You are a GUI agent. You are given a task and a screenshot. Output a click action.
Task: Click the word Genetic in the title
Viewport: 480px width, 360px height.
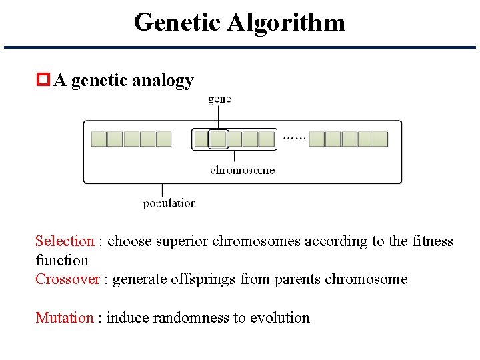tap(177, 23)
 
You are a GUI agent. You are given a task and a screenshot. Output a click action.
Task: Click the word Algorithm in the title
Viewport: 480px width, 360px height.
tap(286, 23)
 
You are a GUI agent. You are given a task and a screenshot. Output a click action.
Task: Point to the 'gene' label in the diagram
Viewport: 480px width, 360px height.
tap(220, 99)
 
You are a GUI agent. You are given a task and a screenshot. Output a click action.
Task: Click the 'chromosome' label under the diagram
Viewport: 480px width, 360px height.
tap(242, 170)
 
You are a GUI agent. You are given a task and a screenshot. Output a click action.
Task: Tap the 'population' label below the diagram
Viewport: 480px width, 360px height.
tap(169, 203)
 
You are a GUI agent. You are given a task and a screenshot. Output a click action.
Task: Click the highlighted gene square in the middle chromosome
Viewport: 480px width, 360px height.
tap(218, 139)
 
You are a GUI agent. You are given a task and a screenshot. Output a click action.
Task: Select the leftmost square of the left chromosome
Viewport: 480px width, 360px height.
tap(99, 139)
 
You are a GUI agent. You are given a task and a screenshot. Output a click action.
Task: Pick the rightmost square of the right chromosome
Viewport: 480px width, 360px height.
tap(380, 139)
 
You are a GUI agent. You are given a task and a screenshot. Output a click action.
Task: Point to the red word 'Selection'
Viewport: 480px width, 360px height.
tap(65, 241)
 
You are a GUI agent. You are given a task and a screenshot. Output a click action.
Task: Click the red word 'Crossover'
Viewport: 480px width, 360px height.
tap(67, 279)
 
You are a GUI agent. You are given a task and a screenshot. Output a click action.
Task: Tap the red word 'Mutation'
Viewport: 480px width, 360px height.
tap(65, 317)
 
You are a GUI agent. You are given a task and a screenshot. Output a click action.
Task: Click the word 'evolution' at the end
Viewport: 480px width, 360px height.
tap(280, 317)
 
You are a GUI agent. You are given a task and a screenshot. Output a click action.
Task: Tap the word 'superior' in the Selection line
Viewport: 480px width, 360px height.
tap(182, 241)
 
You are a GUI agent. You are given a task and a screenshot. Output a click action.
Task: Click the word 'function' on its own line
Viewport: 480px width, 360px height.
tap(62, 261)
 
